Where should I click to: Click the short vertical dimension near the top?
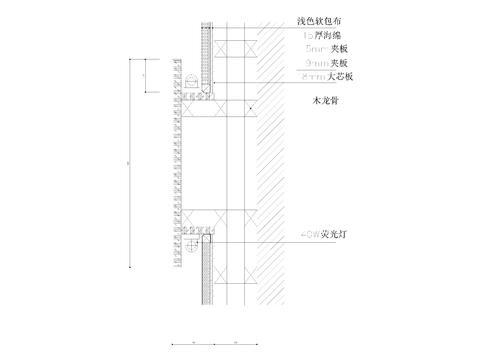(x=146, y=76)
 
